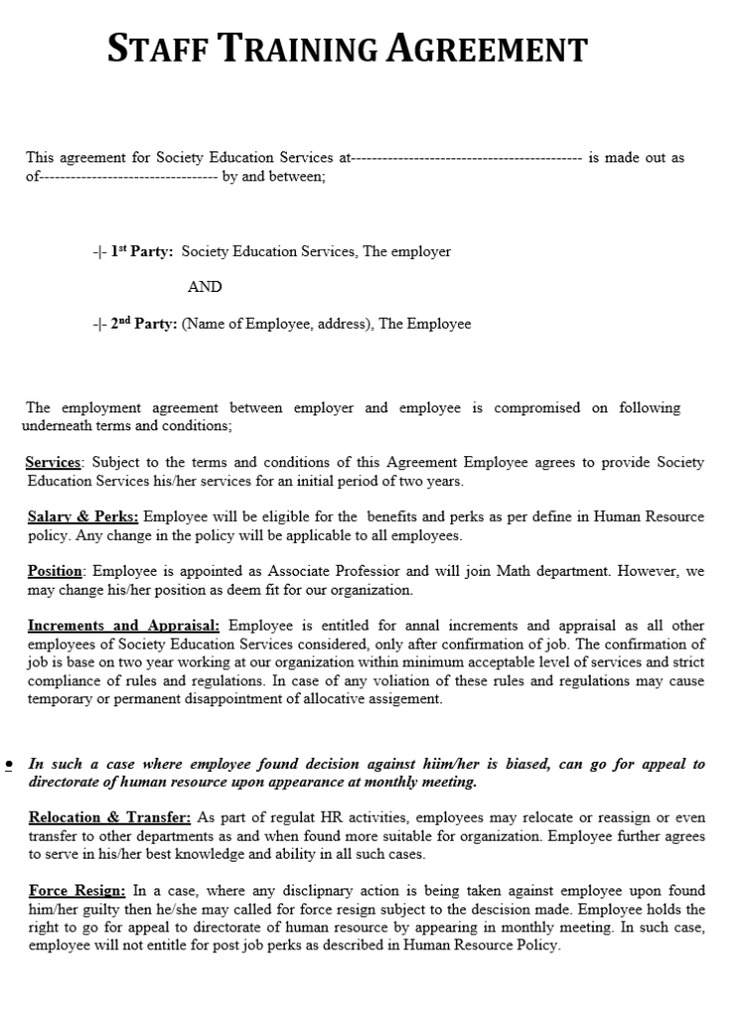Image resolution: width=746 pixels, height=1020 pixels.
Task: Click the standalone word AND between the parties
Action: [204, 287]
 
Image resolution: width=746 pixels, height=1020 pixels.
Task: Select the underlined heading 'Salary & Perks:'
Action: [84, 517]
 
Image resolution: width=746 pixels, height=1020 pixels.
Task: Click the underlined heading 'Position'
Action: [56, 572]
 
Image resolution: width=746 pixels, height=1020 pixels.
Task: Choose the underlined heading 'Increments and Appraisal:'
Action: [124, 626]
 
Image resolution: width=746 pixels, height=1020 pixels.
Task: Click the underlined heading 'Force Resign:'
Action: [77, 891]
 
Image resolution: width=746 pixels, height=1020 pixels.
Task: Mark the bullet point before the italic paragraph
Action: [9, 764]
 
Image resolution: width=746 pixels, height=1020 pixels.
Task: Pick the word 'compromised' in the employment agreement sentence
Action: [539, 407]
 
